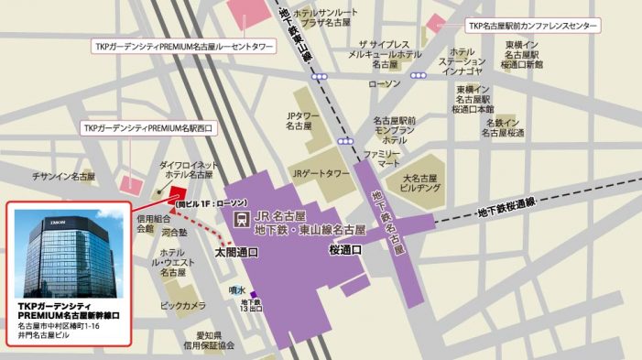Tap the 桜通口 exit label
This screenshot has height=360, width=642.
(x=346, y=248)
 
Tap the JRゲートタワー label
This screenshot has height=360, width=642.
(x=321, y=172)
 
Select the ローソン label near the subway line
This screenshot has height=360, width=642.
(x=384, y=83)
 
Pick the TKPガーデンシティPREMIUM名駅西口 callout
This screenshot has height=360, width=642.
(x=147, y=127)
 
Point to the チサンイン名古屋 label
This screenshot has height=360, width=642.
(x=63, y=175)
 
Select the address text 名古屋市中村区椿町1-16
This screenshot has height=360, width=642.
(x=60, y=325)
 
